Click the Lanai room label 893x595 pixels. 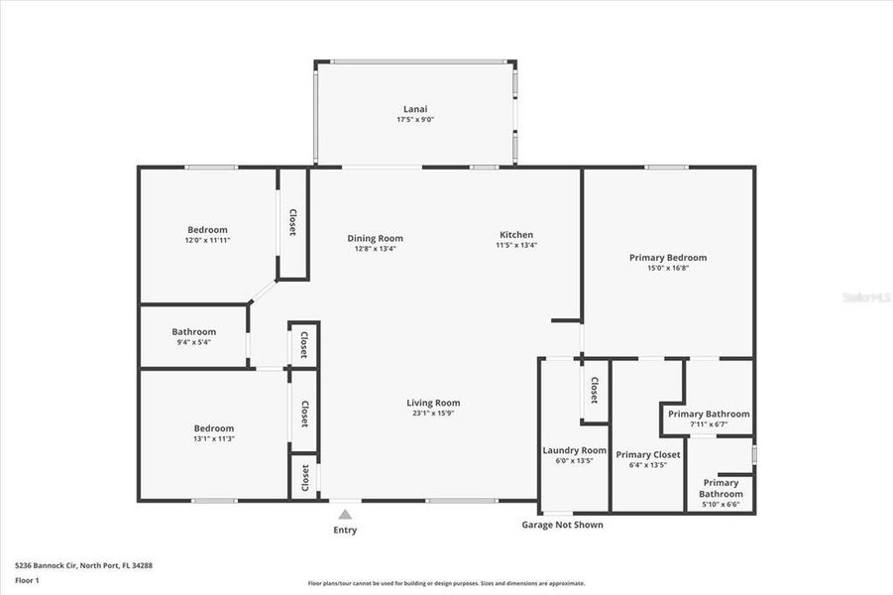click(414, 108)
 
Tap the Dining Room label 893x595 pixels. click(375, 238)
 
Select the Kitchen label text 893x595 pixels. click(516, 235)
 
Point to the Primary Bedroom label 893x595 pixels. click(668, 258)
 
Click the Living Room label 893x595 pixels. click(433, 403)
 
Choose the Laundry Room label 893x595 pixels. click(574, 450)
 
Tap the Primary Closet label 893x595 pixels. click(648, 454)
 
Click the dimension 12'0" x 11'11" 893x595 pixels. click(207, 241)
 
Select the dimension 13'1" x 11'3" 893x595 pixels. click(214, 438)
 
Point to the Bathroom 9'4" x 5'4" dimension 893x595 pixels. click(193, 342)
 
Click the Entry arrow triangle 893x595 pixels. click(345, 515)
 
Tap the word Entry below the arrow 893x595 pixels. click(345, 531)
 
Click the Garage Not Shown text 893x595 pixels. click(562, 525)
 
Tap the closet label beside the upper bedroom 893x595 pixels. click(292, 222)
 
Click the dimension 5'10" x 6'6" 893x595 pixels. click(721, 505)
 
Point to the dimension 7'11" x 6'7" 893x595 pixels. click(709, 424)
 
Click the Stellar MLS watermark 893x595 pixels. click(864, 297)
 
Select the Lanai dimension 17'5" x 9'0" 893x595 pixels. click(414, 119)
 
